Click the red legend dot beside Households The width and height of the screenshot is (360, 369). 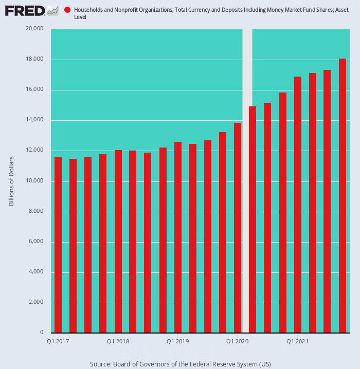67,10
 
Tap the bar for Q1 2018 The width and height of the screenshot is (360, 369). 118,242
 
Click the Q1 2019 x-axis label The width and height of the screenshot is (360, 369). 177,341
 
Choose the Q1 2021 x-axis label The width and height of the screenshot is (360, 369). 297,341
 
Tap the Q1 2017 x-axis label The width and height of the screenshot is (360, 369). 58,341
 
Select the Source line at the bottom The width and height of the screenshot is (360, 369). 180,364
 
